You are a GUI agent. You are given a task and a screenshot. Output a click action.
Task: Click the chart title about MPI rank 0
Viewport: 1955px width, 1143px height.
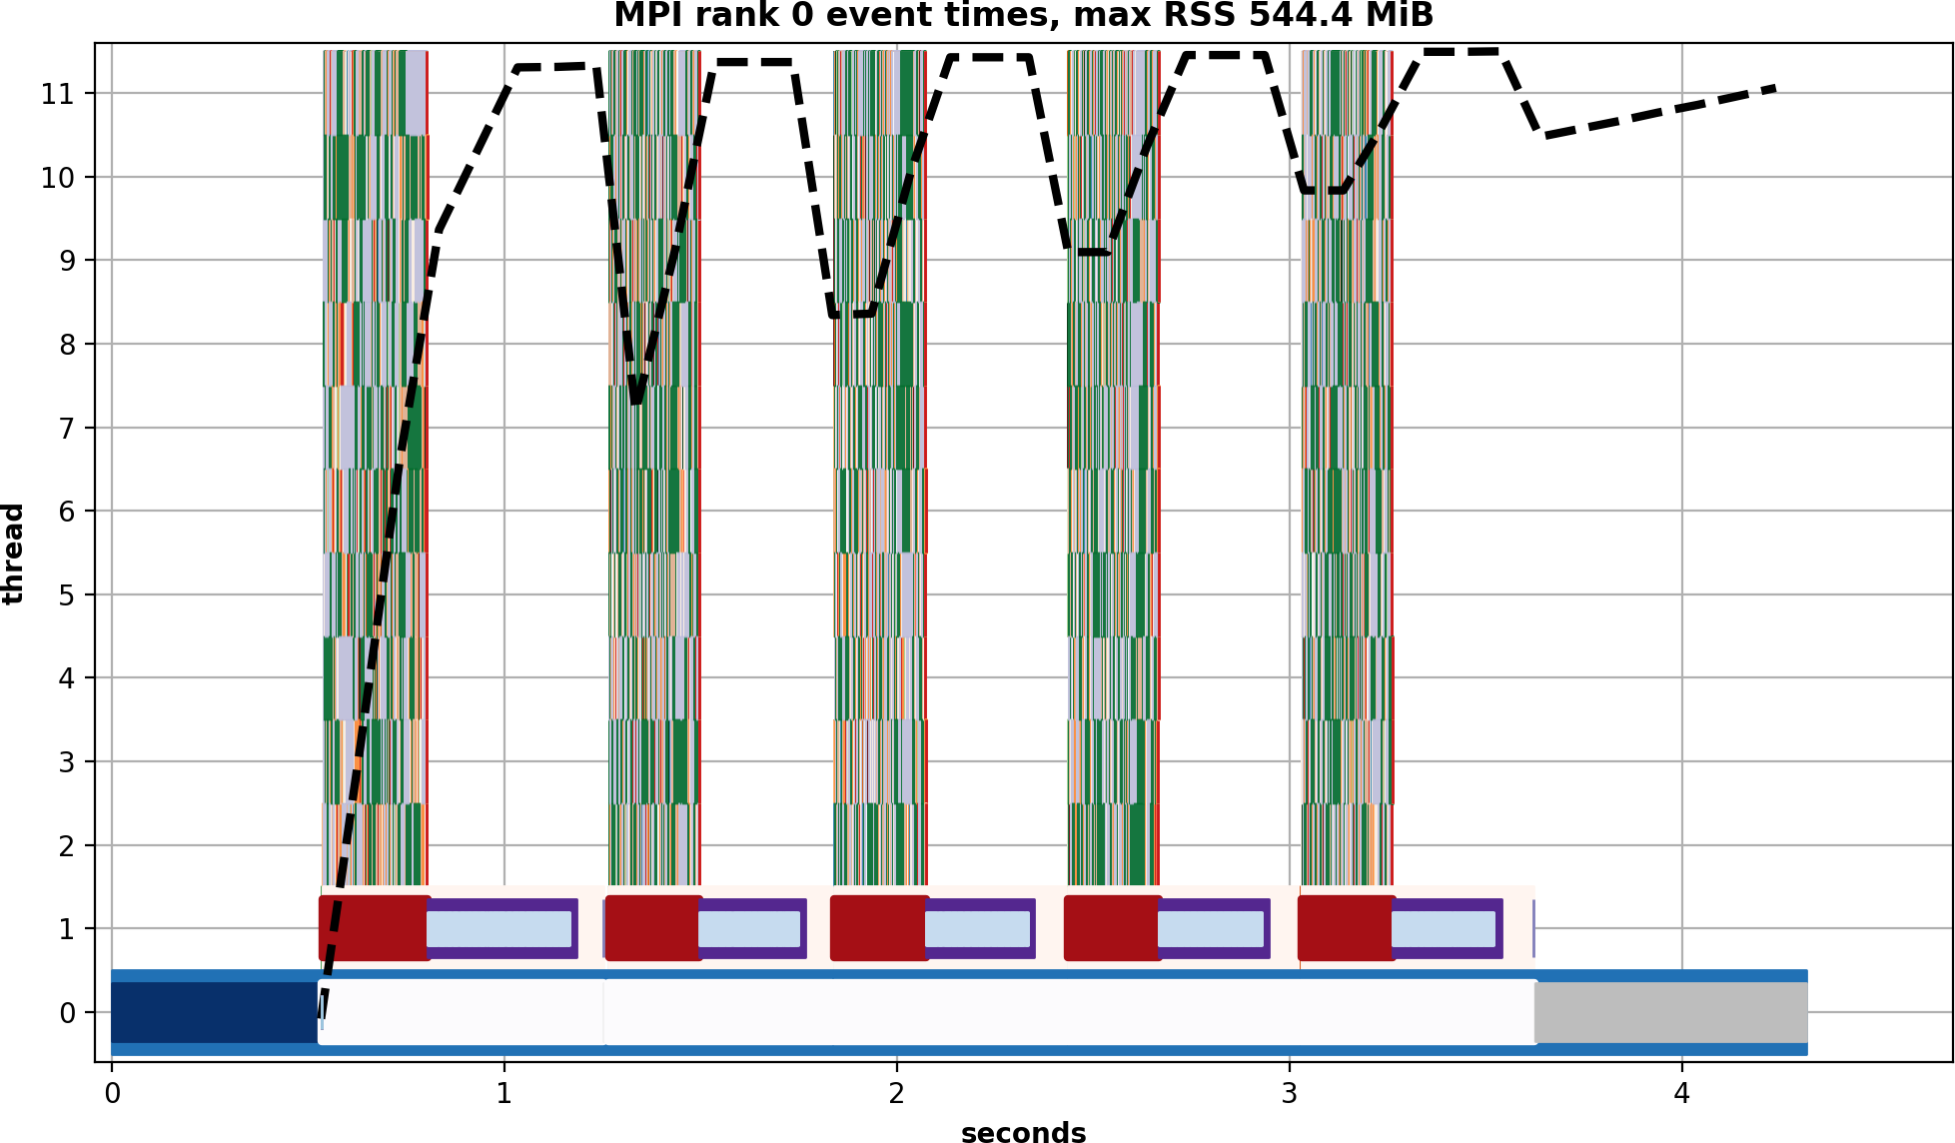tap(1023, 16)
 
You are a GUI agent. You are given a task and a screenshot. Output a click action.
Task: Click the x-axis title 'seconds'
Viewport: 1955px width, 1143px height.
tap(1023, 1131)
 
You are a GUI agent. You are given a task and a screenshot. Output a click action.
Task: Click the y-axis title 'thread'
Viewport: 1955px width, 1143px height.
tap(13, 554)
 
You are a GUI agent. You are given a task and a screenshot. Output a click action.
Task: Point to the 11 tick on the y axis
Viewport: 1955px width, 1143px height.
tap(57, 94)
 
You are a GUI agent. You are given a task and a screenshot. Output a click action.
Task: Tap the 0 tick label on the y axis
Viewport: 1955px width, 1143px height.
tap(67, 1013)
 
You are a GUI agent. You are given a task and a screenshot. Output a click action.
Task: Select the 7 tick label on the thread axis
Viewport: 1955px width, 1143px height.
tap(67, 429)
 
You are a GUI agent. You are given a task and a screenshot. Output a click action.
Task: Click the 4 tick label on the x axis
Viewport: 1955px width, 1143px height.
tap(1681, 1094)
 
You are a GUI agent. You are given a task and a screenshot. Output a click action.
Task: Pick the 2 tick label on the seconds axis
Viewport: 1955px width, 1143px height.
tap(896, 1094)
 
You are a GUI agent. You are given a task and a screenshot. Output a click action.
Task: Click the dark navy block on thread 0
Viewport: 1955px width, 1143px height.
tap(214, 1012)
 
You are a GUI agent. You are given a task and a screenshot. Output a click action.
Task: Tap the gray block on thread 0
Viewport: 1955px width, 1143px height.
tap(1670, 1012)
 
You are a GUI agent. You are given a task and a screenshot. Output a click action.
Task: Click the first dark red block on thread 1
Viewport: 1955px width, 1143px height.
tap(374, 928)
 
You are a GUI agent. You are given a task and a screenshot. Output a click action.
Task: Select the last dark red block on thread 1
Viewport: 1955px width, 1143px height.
tap(1346, 928)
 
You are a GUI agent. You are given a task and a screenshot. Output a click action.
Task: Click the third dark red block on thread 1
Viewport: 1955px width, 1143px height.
tap(879, 928)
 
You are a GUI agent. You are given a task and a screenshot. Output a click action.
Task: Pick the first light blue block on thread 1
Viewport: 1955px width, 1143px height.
tap(498, 929)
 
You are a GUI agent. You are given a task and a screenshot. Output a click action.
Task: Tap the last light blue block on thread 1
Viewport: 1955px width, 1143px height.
tap(1443, 929)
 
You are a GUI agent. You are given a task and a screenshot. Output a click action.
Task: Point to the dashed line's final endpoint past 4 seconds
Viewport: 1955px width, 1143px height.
tap(1774, 88)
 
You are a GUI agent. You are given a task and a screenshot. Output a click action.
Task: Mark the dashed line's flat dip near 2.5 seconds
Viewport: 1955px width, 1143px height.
tap(1088, 252)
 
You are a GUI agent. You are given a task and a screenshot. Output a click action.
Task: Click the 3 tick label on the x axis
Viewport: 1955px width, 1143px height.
tap(1289, 1094)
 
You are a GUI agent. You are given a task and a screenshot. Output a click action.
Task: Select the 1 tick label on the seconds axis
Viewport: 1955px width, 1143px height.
tap(503, 1094)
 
